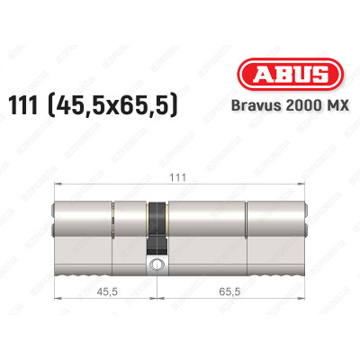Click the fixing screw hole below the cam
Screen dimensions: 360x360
click(158, 265)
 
